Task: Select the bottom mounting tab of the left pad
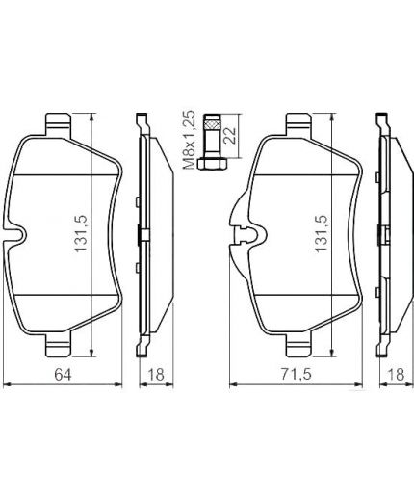58,342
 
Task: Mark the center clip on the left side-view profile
142,234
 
